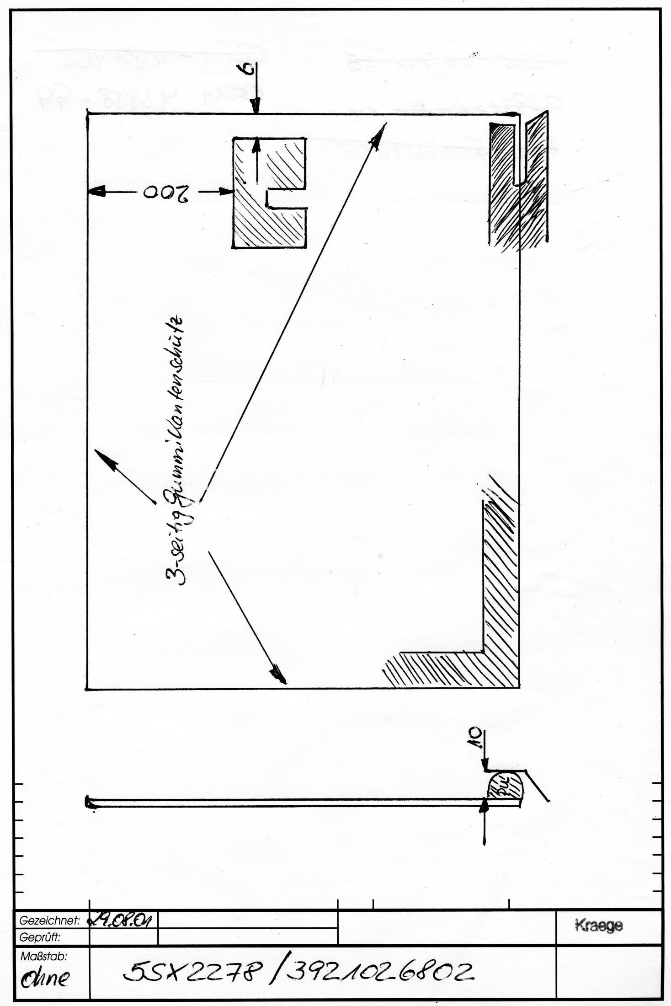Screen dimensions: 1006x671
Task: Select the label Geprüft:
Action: (40, 936)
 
